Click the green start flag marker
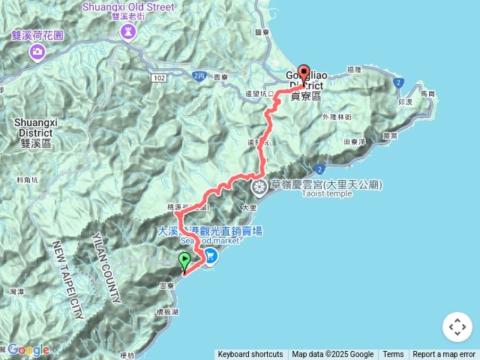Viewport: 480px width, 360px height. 184,262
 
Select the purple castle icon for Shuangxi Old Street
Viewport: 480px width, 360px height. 126,31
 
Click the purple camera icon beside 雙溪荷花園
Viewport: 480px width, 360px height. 37,52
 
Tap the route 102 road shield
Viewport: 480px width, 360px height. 158,76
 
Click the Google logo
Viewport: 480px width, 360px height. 28,349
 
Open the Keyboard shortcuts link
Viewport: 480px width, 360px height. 250,355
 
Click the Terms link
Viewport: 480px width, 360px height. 393,355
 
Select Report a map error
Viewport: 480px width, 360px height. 444,355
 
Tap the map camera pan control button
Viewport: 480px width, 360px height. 457,327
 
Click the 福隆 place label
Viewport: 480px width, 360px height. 355,69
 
